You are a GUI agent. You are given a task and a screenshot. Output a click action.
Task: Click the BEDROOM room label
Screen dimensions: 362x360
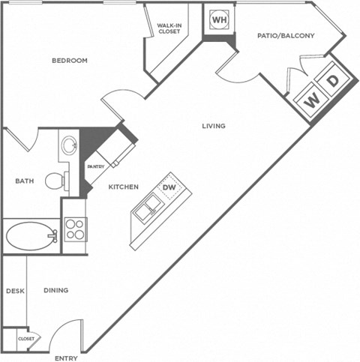[x=70, y=61]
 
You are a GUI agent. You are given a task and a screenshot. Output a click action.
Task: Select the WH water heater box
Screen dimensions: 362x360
[x=219, y=19]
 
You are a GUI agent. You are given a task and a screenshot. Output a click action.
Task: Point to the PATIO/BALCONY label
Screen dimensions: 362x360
[x=286, y=35]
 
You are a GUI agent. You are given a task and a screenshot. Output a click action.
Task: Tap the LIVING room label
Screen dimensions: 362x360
[x=213, y=126]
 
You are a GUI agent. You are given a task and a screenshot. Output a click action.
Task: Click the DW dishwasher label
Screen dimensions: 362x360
[x=169, y=187]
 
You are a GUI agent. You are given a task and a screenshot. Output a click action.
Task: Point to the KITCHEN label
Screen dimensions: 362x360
[x=121, y=187]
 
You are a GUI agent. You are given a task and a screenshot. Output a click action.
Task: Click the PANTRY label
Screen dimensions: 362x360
[x=95, y=166]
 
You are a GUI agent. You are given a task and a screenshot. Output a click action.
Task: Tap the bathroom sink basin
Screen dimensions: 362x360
[x=68, y=145]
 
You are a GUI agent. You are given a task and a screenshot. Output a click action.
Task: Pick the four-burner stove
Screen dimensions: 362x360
[x=75, y=228]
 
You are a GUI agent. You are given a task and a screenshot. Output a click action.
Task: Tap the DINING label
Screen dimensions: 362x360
[x=55, y=291]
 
